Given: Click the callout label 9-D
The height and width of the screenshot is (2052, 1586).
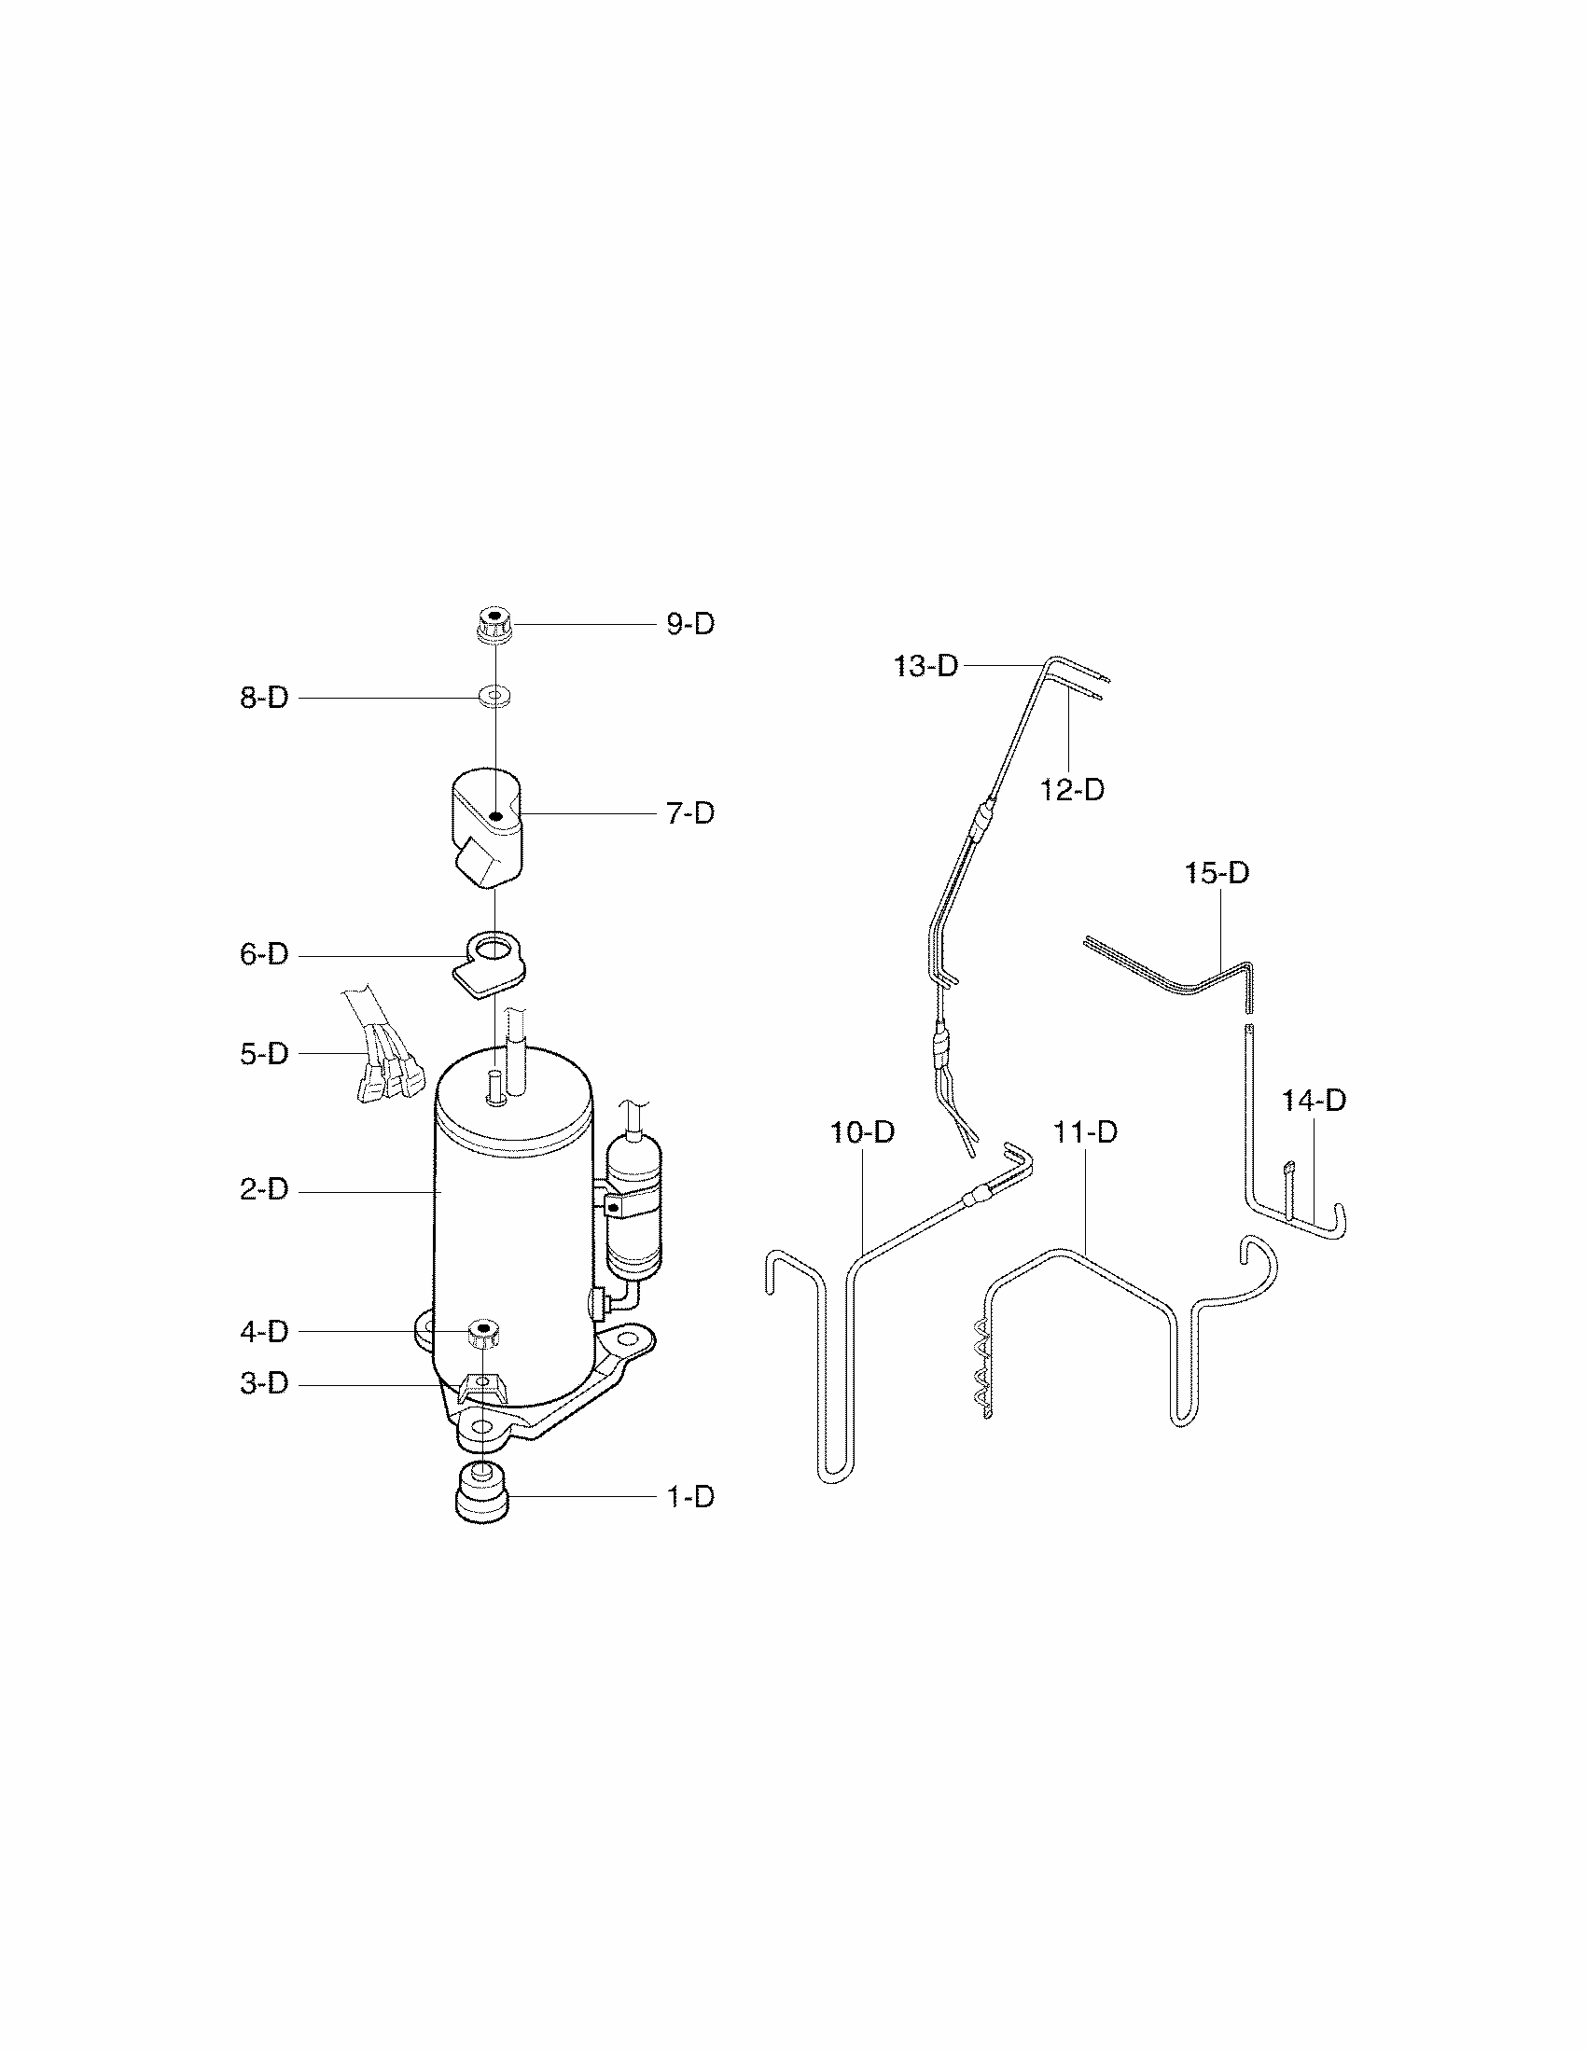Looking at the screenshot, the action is (x=690, y=624).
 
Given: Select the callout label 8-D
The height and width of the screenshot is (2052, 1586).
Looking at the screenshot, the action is (x=264, y=698).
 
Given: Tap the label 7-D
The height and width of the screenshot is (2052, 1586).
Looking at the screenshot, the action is (x=690, y=813).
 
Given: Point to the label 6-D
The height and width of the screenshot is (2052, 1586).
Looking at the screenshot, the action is (x=264, y=954).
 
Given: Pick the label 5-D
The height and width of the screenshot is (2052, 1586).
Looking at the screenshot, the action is (x=264, y=1053).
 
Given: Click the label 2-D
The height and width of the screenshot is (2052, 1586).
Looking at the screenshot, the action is (x=264, y=1190).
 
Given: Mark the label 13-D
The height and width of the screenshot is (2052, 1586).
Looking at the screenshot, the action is (x=925, y=666).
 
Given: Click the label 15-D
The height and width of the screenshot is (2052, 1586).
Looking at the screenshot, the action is (x=1217, y=873).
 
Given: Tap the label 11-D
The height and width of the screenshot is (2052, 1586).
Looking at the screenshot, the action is (x=1085, y=1132).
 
